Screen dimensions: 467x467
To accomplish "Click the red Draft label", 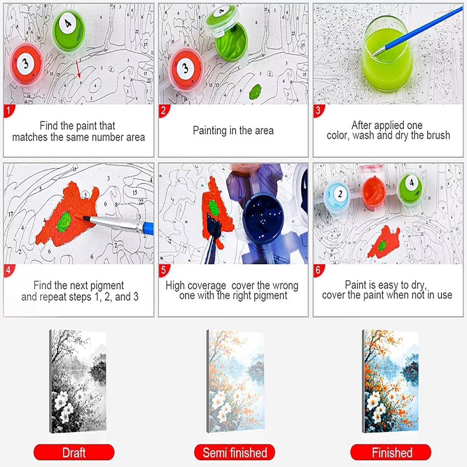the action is [74, 452].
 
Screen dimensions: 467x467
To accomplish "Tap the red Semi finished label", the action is [234, 452].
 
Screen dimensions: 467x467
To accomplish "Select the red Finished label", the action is [391, 452].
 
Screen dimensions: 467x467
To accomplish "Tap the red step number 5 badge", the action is [164, 270].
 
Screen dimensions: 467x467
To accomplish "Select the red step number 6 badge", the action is [318, 270].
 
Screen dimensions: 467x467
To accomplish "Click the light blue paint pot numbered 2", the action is [340, 196].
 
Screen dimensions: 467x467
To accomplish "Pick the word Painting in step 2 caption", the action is [210, 131].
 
